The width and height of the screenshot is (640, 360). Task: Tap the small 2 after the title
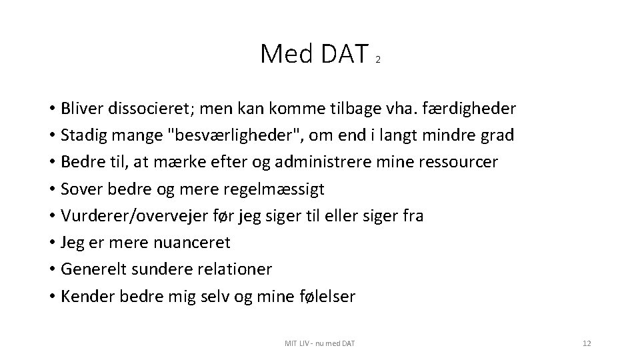point(378,60)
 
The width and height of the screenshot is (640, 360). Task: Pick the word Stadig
point(83,135)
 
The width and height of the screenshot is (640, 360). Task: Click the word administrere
point(364,162)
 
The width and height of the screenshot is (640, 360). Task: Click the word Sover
point(79,189)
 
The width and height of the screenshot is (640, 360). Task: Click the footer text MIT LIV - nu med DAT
point(319,343)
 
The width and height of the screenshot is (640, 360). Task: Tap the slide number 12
point(587,343)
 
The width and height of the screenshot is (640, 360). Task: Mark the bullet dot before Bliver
point(51,109)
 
